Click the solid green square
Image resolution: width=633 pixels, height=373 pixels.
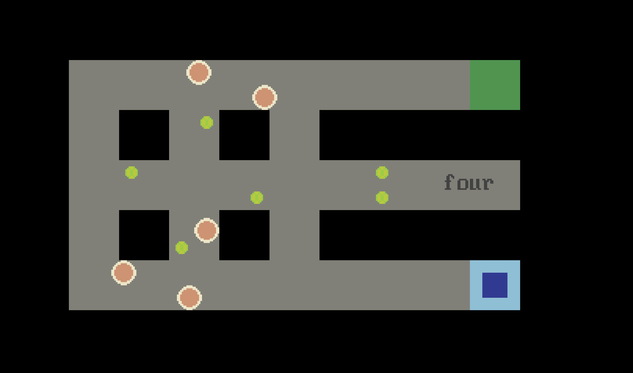(495, 85)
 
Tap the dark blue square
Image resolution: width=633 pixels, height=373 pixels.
(495, 285)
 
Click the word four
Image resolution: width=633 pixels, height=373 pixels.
(469, 182)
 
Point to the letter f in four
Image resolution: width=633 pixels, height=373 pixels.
(449, 182)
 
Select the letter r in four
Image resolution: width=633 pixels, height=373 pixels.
(488, 184)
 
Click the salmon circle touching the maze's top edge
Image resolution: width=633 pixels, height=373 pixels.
(199, 72)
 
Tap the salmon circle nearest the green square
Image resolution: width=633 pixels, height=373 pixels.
(265, 97)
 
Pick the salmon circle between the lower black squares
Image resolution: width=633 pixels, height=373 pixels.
(207, 230)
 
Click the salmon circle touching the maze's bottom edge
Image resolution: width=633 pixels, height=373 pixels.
(189, 298)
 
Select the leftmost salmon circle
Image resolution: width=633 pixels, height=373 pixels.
(124, 273)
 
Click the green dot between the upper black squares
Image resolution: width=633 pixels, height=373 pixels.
(207, 122)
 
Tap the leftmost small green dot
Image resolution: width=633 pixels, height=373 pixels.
(131, 172)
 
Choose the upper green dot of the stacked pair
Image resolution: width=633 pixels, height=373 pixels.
(382, 172)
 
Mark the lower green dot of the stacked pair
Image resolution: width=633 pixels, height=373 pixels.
(382, 198)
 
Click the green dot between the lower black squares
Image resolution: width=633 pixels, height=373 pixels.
(182, 248)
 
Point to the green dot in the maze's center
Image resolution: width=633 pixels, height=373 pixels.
(257, 198)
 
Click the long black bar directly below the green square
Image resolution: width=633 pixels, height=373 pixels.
(420, 135)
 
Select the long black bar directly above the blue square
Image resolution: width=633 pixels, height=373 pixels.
(420, 235)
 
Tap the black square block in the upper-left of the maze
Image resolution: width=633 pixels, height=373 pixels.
(144, 135)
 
